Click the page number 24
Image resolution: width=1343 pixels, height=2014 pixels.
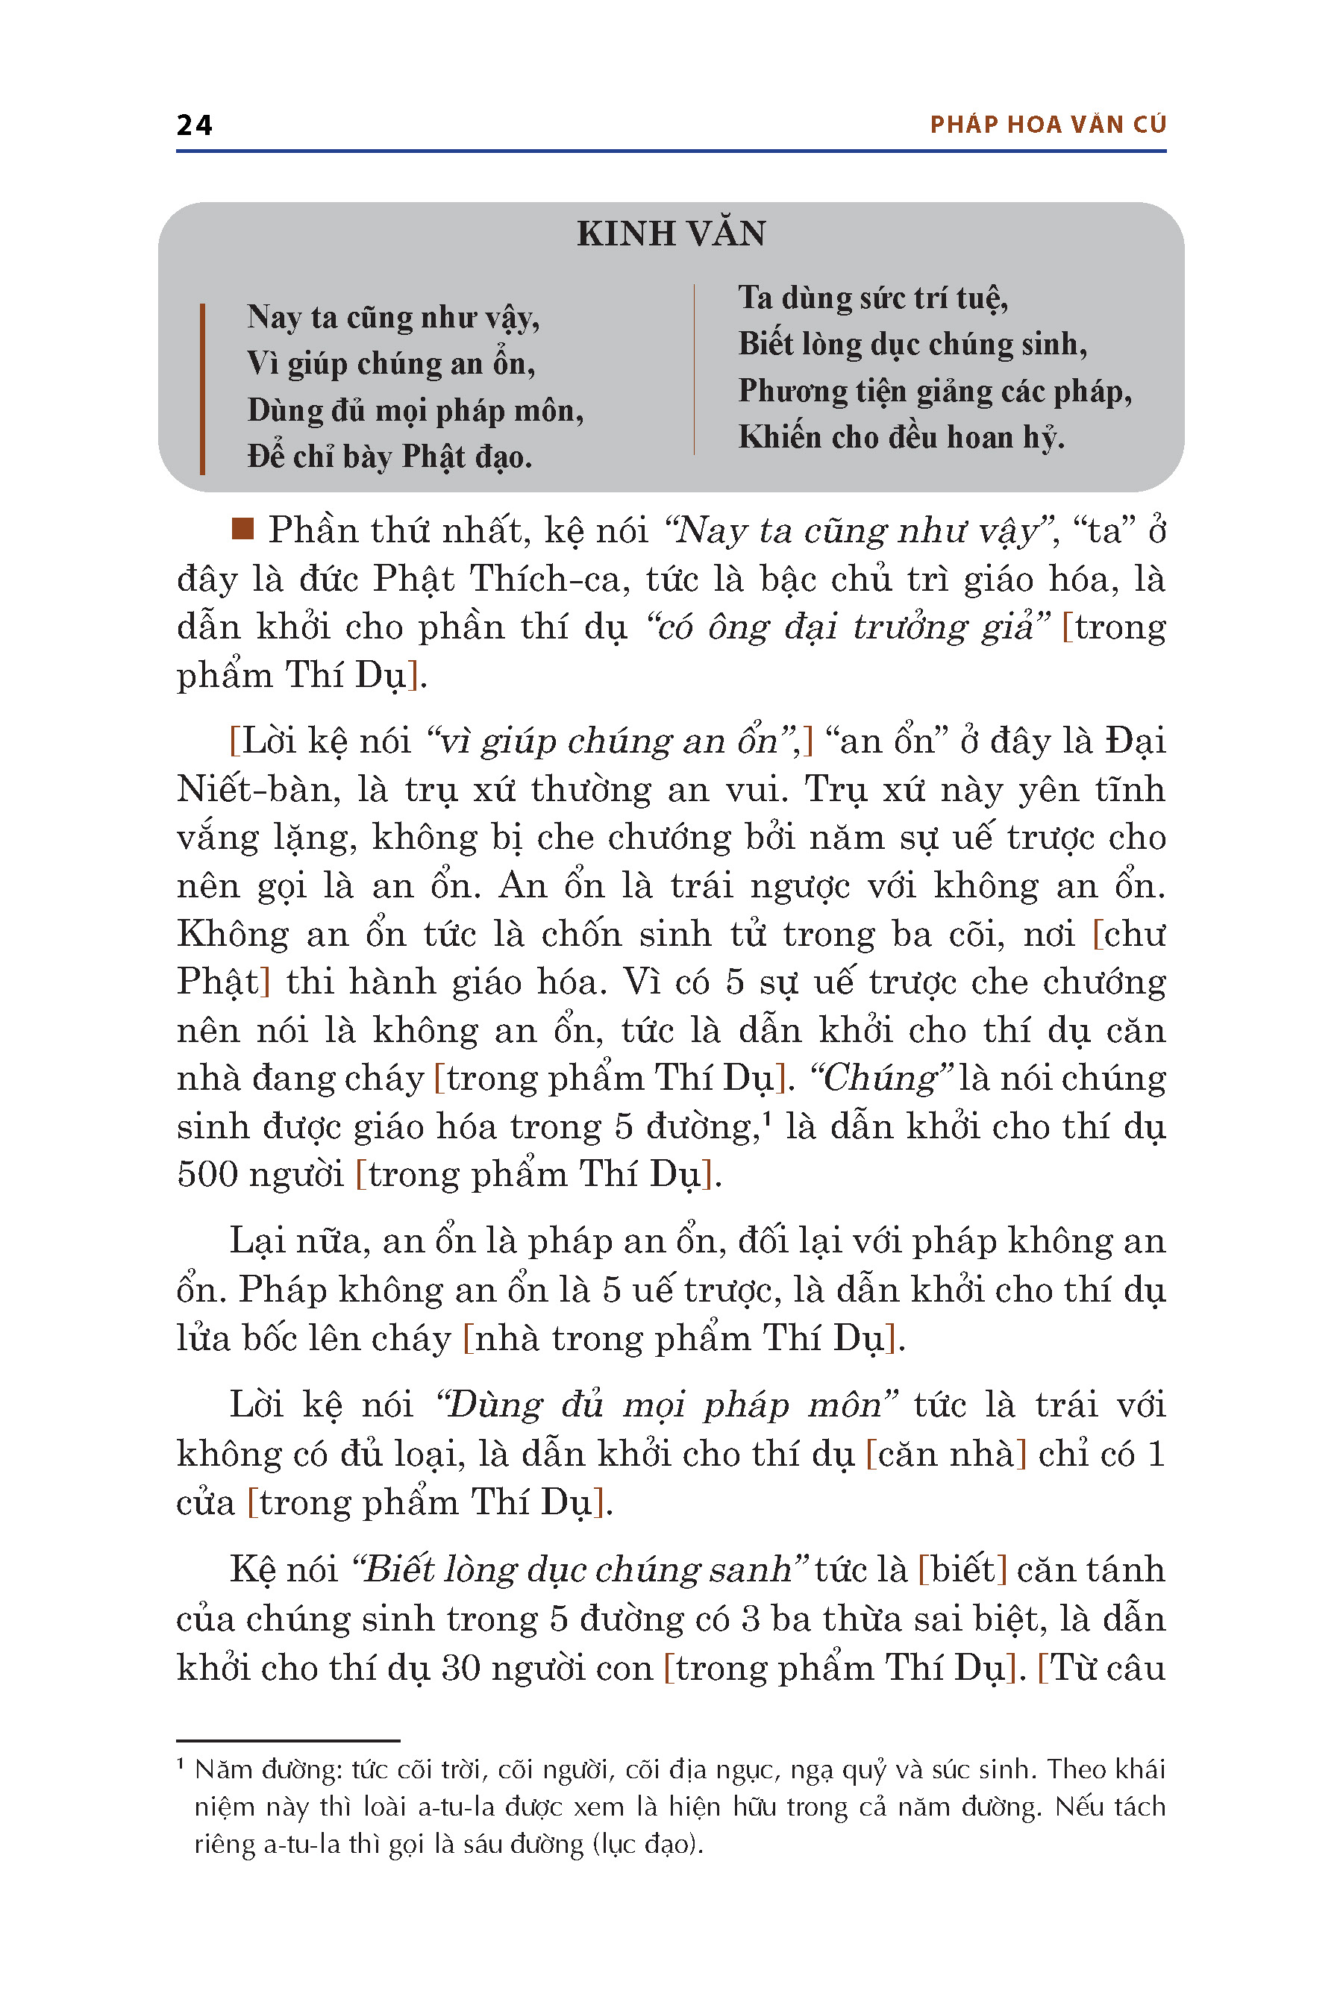195,125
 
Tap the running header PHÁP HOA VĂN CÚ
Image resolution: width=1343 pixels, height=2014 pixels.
1048,125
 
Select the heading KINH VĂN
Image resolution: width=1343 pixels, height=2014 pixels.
671,233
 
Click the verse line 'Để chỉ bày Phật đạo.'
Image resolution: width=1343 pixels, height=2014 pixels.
389,457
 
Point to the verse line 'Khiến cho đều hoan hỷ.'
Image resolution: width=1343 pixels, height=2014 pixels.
901,438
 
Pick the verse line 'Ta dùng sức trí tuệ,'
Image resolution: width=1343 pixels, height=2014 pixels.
873,298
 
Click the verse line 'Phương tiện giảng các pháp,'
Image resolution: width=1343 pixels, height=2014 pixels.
934,392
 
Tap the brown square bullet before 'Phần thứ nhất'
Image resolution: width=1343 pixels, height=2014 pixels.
243,528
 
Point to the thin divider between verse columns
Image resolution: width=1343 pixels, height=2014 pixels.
694,368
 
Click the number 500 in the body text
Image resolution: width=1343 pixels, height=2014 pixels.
206,1174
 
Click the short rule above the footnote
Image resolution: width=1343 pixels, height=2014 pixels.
288,1741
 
